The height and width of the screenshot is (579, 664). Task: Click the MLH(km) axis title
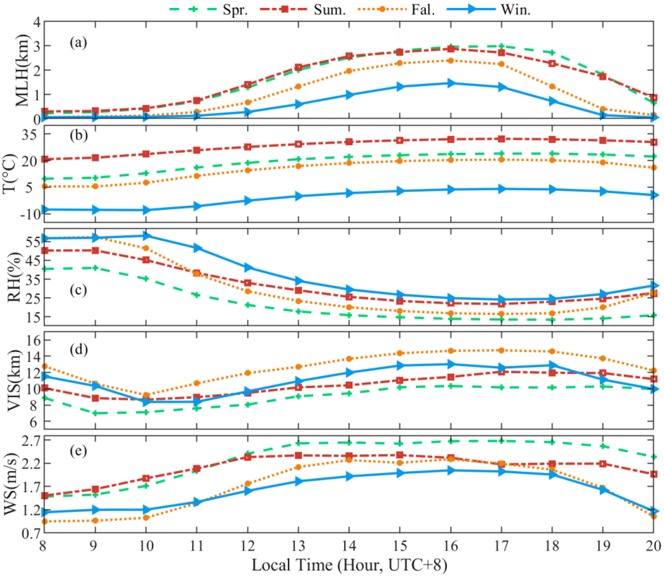pos(23,71)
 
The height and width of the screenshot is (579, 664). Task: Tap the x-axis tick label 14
pos(349,546)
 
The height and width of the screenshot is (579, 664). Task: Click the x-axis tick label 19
pos(603,546)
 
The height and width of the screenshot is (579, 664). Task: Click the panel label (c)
pos(79,290)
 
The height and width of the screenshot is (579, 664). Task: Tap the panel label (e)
pos(79,450)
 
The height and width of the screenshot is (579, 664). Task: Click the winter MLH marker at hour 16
pos(451,83)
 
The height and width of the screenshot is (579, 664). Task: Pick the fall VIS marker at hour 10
pos(146,395)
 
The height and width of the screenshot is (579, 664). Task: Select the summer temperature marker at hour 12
pos(248,147)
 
